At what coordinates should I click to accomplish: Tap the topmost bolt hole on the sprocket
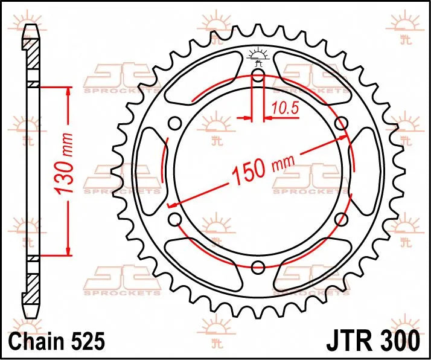click(258, 76)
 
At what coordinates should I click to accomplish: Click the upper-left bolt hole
click(174, 124)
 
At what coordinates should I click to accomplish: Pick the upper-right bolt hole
click(341, 124)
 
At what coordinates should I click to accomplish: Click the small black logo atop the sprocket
click(258, 55)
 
